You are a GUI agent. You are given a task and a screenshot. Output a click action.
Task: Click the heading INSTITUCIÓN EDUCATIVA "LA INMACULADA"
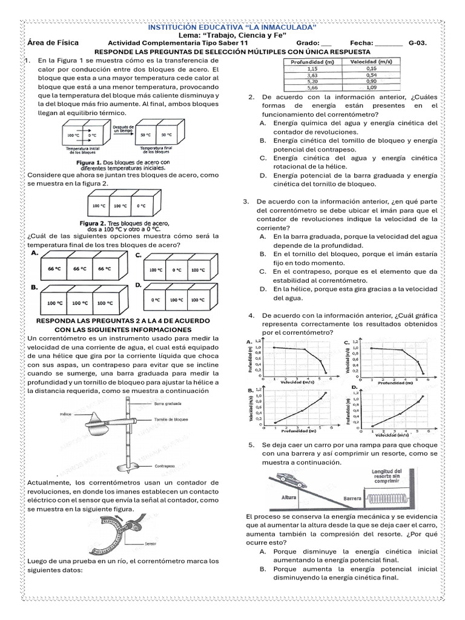point(232,28)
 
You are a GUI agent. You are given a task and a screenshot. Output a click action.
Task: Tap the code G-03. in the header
point(418,44)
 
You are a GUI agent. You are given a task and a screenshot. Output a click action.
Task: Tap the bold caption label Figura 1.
point(87,162)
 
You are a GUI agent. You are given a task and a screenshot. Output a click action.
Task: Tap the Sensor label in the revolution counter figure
point(151,543)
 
